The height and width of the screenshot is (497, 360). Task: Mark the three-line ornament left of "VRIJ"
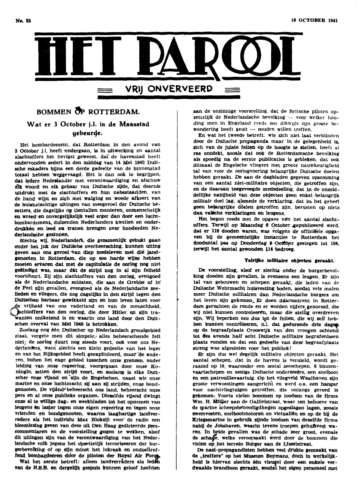click(106, 89)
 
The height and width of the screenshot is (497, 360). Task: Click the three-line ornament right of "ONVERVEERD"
click(231, 89)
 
